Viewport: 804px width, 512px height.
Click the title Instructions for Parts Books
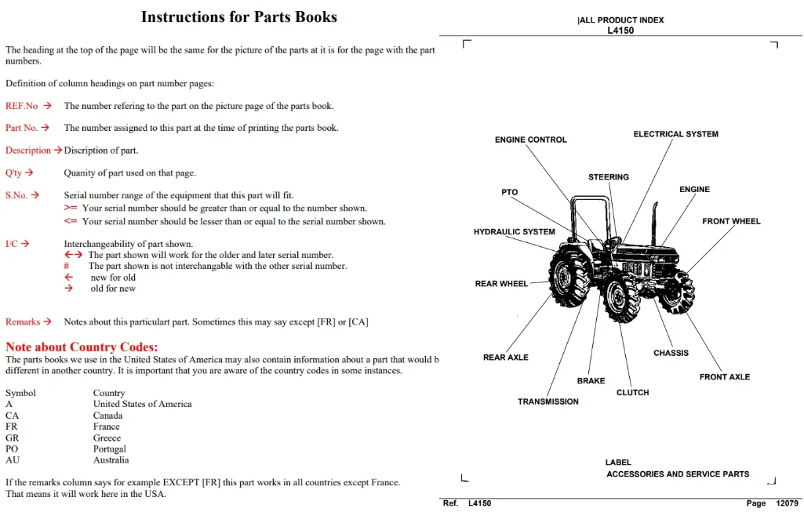click(x=239, y=17)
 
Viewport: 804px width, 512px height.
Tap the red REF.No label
click(x=21, y=106)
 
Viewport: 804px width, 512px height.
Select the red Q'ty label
click(x=13, y=172)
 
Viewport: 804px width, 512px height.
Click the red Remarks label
click(x=23, y=321)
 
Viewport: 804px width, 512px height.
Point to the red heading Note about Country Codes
click(x=82, y=347)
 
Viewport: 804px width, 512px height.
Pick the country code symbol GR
click(x=13, y=438)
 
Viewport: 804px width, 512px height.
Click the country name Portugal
click(x=109, y=449)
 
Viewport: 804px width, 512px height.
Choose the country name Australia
click(x=111, y=460)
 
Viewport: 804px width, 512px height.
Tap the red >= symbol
click(x=71, y=208)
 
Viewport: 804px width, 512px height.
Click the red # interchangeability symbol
click(x=66, y=266)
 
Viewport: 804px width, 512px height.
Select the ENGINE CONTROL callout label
click(x=531, y=140)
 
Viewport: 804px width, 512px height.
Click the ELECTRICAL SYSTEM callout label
click(x=676, y=134)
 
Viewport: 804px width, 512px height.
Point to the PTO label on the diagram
click(x=510, y=192)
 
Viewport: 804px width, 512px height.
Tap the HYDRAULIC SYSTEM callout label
click(x=515, y=231)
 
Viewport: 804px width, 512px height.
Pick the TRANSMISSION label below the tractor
click(x=548, y=401)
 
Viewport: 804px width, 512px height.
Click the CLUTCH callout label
click(x=633, y=392)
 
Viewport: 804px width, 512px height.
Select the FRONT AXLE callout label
click(x=725, y=376)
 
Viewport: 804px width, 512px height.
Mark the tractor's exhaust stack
click(x=655, y=223)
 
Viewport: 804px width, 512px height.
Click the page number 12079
click(x=787, y=503)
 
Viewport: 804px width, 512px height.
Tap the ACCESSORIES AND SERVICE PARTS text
click(x=678, y=474)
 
